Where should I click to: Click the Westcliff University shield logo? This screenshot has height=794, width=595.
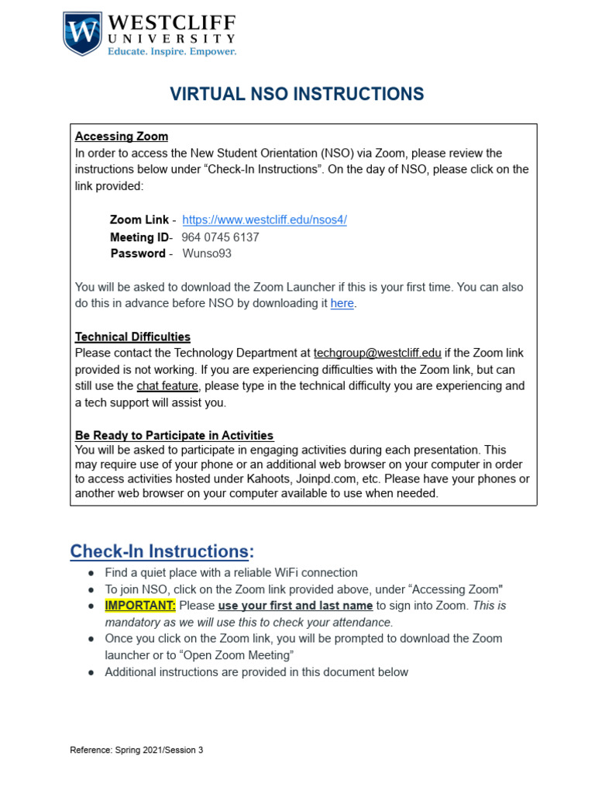(81, 33)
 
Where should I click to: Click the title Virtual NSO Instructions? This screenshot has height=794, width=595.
(297, 95)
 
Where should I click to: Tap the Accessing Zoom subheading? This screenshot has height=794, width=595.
(121, 136)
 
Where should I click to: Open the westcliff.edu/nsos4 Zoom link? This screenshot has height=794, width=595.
(264, 219)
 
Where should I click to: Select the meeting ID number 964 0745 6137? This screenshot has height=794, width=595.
(220, 237)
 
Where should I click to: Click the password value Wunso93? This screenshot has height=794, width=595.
(207, 254)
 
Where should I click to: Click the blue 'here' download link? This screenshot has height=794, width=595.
(342, 303)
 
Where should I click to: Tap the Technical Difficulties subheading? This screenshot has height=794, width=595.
(132, 337)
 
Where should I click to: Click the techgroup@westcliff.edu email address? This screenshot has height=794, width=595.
(377, 353)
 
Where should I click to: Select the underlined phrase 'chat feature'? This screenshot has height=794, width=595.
(168, 385)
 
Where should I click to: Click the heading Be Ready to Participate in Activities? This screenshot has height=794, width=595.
(174, 435)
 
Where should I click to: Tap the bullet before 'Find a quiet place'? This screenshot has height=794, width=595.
(91, 573)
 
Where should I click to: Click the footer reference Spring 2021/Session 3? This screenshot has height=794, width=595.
(136, 750)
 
